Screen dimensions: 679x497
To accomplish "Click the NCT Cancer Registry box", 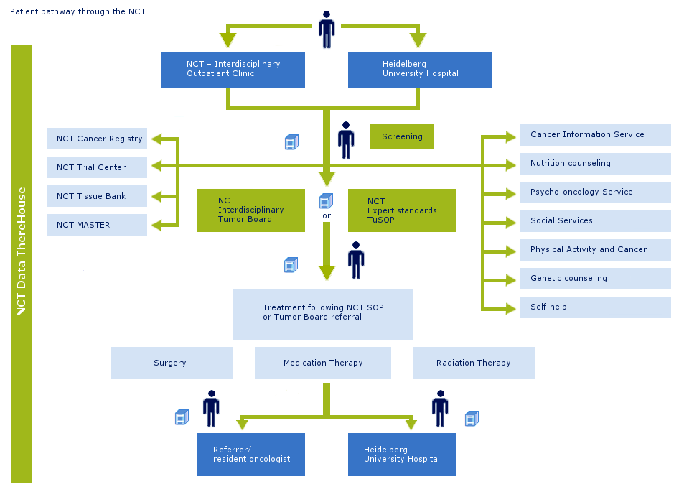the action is (97, 139).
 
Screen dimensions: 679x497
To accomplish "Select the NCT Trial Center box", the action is (97, 167).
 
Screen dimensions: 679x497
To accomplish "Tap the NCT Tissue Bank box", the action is (97, 196).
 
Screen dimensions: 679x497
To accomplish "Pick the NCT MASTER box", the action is (97, 225).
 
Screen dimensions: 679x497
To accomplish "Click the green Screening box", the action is (402, 137).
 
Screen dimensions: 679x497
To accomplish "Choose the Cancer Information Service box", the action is (596, 135).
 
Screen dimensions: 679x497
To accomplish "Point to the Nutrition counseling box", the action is (596, 163).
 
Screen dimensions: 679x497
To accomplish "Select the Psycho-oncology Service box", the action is (596, 192).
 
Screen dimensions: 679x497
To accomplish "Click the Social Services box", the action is (596, 221).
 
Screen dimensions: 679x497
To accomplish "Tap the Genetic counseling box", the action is (596, 278).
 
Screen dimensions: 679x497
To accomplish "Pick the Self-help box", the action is (596, 307).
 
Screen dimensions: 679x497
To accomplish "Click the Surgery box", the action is (172, 363).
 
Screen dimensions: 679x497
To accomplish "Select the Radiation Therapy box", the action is (473, 363).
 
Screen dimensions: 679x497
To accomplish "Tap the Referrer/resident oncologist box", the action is (251, 455).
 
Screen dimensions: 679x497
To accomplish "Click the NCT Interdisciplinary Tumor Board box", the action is (251, 210).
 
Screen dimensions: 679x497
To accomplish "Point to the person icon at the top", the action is (327, 29).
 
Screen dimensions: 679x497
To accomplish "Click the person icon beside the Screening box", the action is (346, 140).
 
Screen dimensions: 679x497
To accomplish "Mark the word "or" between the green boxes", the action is (327, 215).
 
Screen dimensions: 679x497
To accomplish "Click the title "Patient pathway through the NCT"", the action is (78, 11).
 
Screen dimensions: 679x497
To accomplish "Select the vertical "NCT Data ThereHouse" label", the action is (22, 251).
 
